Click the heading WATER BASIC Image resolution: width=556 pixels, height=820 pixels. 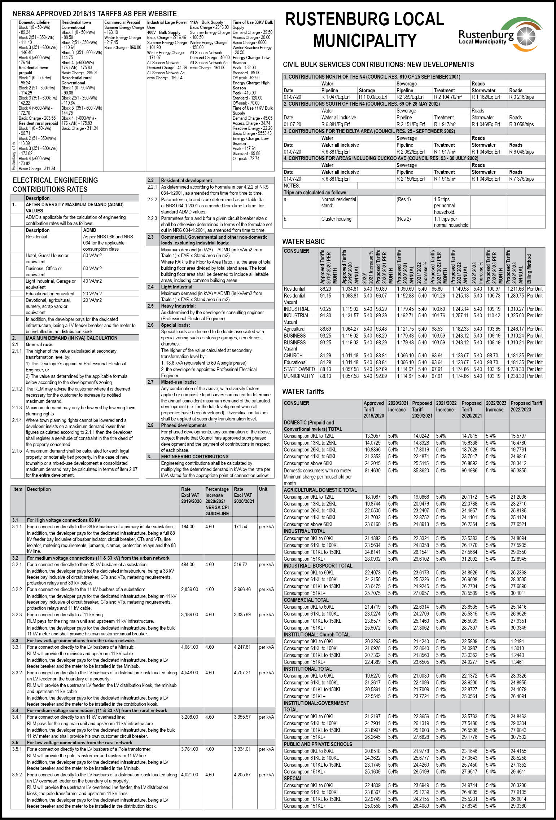pos(303,242)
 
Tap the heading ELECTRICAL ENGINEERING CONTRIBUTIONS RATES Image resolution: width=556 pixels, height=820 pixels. pos(55,185)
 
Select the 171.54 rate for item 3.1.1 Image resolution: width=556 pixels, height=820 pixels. pos(241,527)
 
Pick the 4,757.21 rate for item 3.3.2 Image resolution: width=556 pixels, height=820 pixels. pos(242,673)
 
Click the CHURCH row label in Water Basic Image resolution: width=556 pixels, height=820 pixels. pos(293,356)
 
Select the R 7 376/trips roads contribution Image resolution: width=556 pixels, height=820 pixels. pos(521,179)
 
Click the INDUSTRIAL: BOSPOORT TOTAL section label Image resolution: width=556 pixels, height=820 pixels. pos(313,566)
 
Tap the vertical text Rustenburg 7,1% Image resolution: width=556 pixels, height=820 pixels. pos(14,156)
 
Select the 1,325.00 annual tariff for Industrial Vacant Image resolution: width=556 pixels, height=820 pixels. pos(515,316)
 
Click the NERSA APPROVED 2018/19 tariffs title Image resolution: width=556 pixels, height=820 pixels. pos(95,14)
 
